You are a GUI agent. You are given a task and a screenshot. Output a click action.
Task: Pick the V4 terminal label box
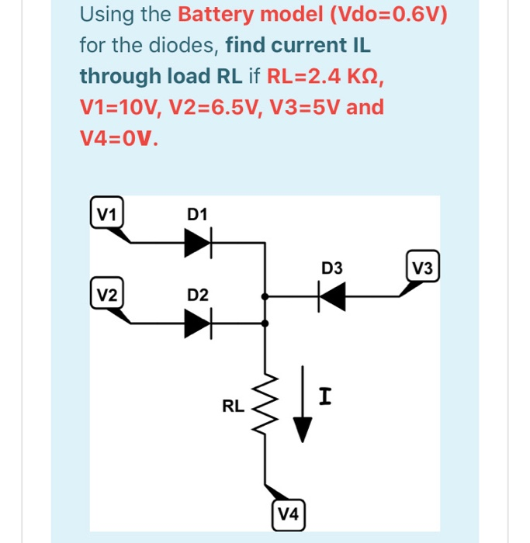[289, 514]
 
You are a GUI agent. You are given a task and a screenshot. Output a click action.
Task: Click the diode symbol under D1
[198, 244]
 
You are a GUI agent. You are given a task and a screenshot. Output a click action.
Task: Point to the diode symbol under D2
[198, 323]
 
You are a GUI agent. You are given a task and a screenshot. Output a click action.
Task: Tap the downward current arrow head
[303, 429]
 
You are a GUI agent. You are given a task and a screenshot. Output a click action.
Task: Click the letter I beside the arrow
[326, 398]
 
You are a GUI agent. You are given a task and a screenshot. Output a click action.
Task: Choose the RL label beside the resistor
[233, 405]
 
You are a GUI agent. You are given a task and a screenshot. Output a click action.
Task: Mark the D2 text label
[198, 295]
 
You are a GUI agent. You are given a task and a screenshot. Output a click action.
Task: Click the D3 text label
[331, 268]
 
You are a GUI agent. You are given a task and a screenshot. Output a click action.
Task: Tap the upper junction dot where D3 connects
[266, 296]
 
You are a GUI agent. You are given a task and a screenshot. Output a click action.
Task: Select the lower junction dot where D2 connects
[266, 323]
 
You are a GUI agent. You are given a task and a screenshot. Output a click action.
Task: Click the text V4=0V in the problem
[120, 138]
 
